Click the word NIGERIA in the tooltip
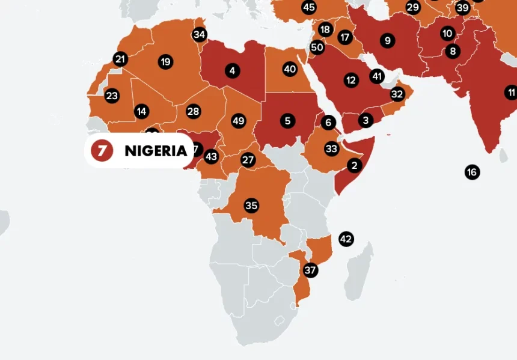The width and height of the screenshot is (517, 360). tap(156, 151)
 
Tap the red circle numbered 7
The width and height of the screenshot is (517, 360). tap(102, 150)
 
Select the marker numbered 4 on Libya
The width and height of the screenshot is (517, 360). tap(232, 71)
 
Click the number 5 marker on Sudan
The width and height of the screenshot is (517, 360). tap(287, 121)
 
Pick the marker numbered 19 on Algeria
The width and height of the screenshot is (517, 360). tap(165, 61)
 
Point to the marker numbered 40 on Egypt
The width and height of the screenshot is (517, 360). tap(290, 69)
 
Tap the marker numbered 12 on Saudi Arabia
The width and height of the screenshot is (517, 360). tap(350, 79)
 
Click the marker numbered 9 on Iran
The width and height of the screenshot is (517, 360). tap(387, 41)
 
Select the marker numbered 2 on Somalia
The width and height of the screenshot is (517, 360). tap(354, 165)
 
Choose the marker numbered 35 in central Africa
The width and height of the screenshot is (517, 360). tap(251, 206)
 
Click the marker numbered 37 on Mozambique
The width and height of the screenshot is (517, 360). tap(310, 270)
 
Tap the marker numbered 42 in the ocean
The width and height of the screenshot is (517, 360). tap(346, 239)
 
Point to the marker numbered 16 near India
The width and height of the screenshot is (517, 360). tap(472, 172)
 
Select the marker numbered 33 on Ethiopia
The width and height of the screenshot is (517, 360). tap(331, 148)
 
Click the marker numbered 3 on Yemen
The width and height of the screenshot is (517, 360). tap(366, 120)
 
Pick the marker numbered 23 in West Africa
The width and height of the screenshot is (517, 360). tap(112, 96)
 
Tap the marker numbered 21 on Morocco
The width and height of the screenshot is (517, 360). tap(120, 59)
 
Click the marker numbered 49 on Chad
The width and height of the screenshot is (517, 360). tap(238, 121)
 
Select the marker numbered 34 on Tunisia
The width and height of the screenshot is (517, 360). tap(199, 34)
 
